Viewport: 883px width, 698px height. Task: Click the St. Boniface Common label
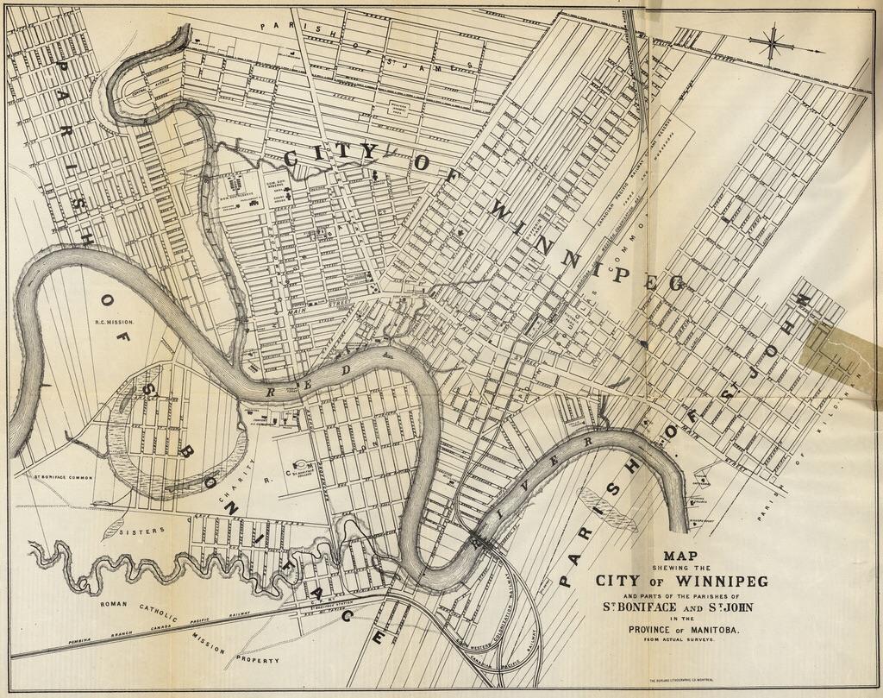[x=62, y=476]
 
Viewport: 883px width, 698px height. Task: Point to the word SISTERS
[x=141, y=531]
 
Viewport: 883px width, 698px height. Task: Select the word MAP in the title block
[x=680, y=556]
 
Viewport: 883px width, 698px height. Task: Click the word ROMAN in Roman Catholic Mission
[x=114, y=604]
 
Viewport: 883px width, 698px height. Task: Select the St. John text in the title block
[x=730, y=607]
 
